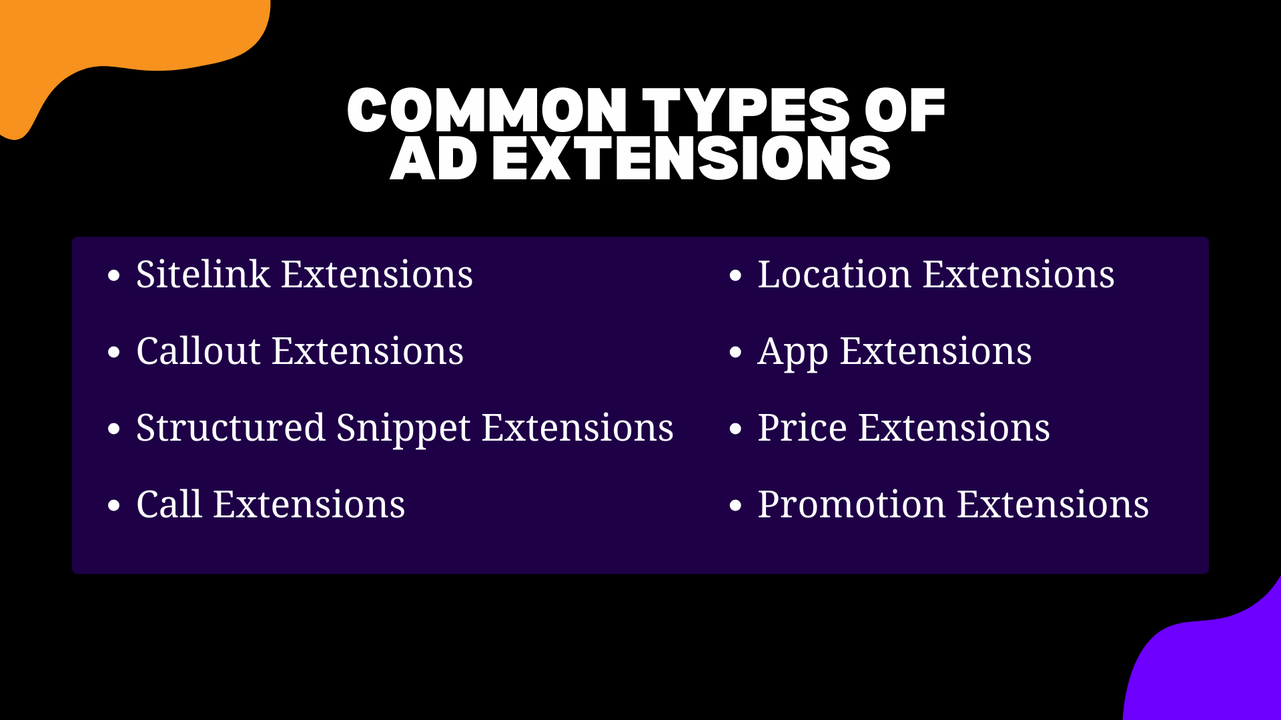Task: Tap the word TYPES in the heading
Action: pyautogui.click(x=746, y=110)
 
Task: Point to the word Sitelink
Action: pyautogui.click(x=203, y=275)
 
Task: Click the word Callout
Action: pyautogui.click(x=198, y=351)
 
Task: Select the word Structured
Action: pyautogui.click(x=230, y=428)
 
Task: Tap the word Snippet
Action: pyautogui.click(x=403, y=429)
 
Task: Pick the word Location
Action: pyautogui.click(x=834, y=275)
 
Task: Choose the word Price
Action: pyautogui.click(x=802, y=428)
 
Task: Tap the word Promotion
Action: pyautogui.click(x=851, y=505)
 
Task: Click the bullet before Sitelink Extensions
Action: pyautogui.click(x=114, y=276)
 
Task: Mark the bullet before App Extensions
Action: pyautogui.click(x=735, y=353)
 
